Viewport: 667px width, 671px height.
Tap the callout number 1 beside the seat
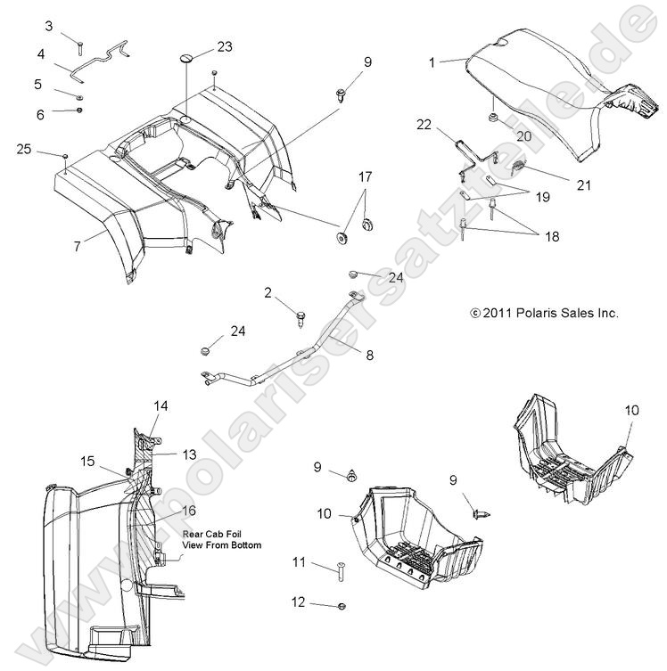[x=432, y=62]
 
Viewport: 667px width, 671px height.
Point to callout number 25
[x=25, y=150]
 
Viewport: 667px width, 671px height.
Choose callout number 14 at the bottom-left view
[x=161, y=405]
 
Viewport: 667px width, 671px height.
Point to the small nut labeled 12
[x=345, y=606]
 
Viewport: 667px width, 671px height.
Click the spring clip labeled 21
[x=521, y=165]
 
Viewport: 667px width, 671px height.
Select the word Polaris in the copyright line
[x=531, y=313]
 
